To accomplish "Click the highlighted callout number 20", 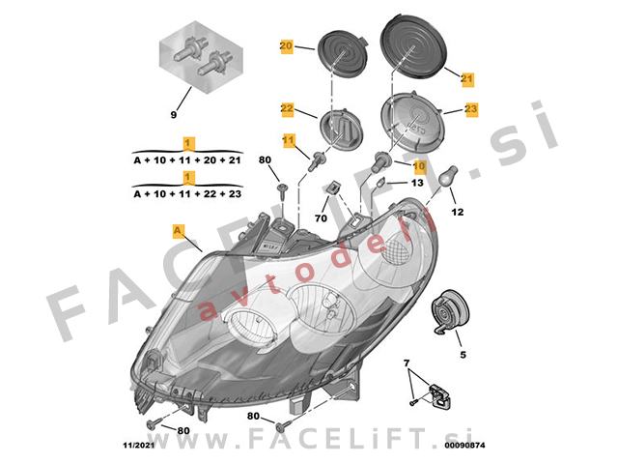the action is (287, 46).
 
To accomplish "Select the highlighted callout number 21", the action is (467, 78).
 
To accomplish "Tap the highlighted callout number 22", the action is (288, 108).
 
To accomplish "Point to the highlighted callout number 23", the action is (471, 108).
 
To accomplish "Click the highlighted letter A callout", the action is (179, 230).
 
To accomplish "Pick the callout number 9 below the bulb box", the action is (174, 115).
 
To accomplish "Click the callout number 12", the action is (458, 213).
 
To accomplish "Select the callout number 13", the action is (417, 183).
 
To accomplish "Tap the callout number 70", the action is (322, 217).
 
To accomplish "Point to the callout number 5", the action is (463, 355).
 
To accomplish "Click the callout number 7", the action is (407, 363).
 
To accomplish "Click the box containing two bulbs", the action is (201, 57).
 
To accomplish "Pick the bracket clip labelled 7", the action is (440, 395).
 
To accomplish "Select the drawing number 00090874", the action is (465, 446).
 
